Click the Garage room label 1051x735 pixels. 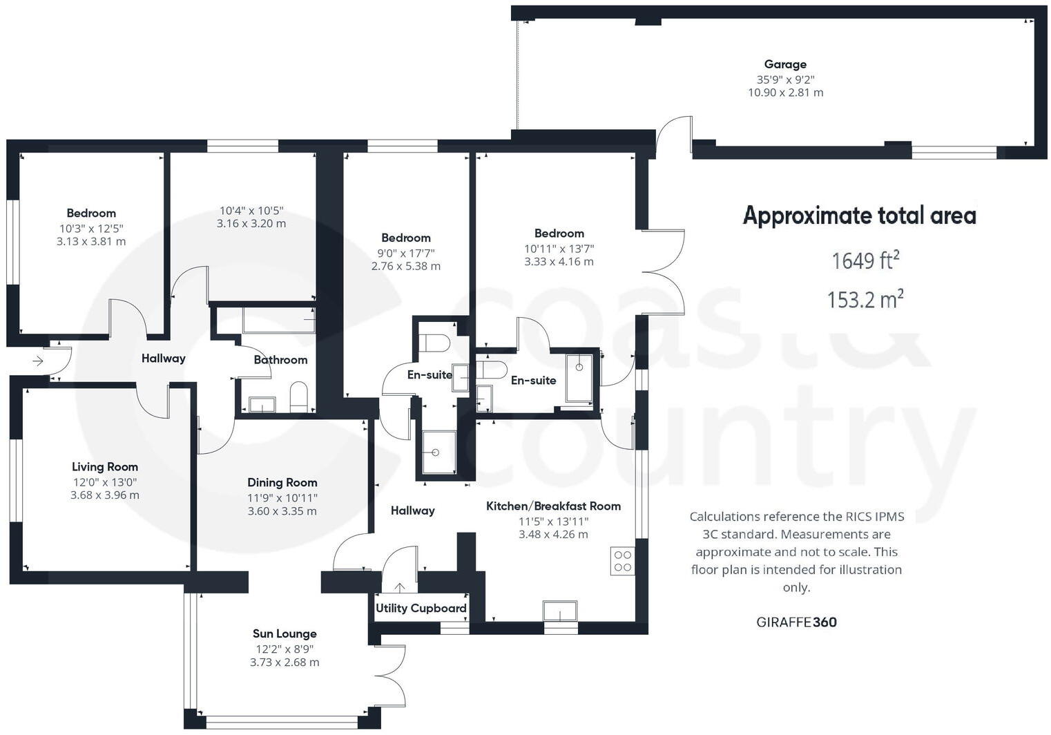click(x=785, y=64)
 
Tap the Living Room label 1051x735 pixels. click(x=105, y=467)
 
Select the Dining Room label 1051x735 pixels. click(x=282, y=483)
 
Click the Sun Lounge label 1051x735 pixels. click(x=285, y=633)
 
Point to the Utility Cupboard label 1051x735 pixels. click(x=421, y=609)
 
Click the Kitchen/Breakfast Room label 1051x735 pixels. click(x=553, y=506)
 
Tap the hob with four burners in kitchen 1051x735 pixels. click(x=622, y=561)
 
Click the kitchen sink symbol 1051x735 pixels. click(x=560, y=611)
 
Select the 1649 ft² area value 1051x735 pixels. click(x=865, y=260)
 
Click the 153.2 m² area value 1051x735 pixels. click(x=865, y=300)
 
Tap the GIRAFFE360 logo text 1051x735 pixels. click(x=796, y=622)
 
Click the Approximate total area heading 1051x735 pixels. click(x=859, y=216)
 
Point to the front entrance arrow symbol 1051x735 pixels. click(x=38, y=361)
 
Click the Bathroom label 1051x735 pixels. click(x=280, y=360)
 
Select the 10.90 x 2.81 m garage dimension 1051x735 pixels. click(x=785, y=93)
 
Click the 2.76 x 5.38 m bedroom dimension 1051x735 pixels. click(x=405, y=266)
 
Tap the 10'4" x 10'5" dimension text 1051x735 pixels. click(x=251, y=211)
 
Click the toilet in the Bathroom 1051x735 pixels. click(x=298, y=397)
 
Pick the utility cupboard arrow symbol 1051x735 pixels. click(x=400, y=588)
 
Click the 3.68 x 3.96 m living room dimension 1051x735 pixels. click(x=105, y=495)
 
